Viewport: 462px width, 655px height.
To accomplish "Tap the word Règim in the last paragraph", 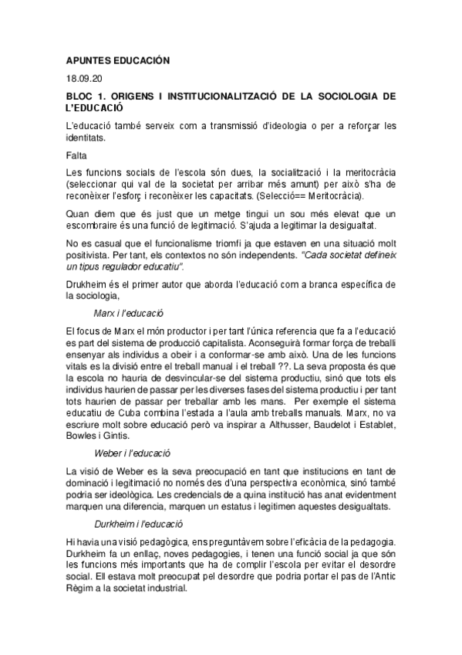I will pyautogui.click(x=83, y=587).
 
